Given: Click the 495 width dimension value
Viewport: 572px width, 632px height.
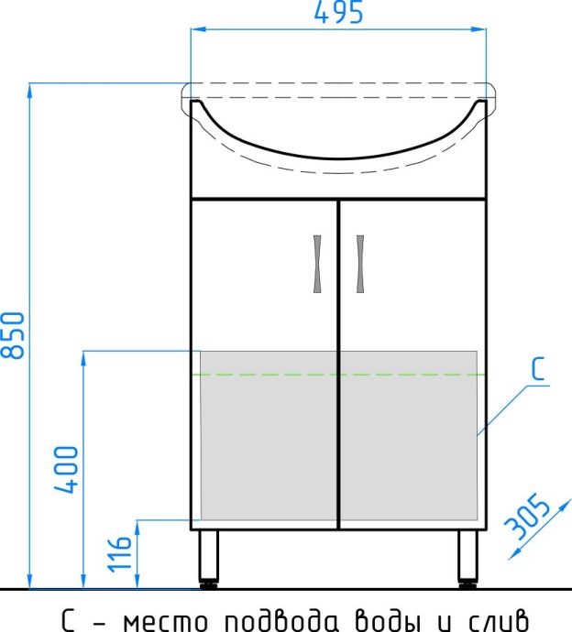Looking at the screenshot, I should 338,14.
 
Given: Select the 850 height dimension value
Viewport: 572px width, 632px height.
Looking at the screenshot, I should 16,334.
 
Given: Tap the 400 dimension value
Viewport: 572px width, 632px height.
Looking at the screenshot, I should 69,470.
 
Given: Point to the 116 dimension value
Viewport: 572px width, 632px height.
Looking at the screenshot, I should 121,552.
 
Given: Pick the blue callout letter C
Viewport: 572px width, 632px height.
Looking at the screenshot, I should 538,369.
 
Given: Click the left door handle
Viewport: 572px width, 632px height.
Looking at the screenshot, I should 318,263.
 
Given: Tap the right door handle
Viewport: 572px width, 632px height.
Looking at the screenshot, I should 358,263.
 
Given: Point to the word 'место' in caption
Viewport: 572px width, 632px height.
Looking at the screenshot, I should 161,616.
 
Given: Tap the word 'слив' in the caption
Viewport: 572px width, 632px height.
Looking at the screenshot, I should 495,616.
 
